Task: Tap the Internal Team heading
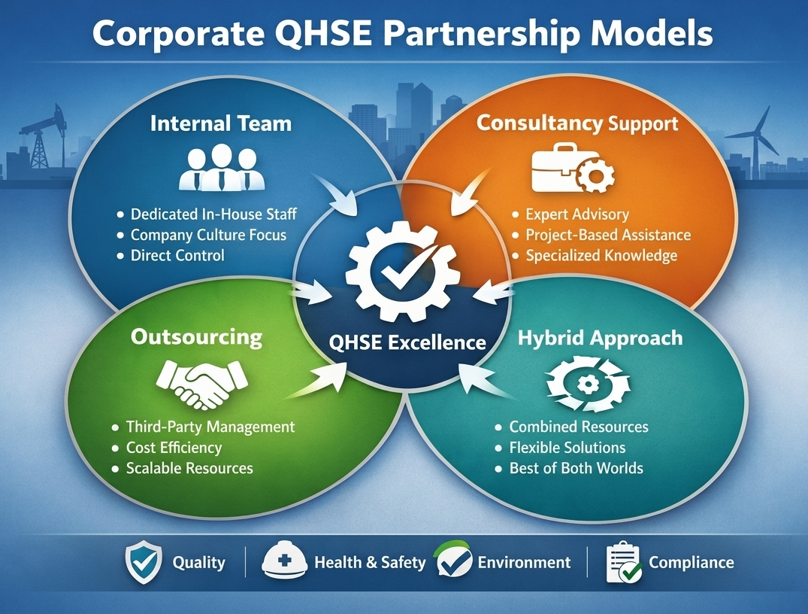(x=221, y=124)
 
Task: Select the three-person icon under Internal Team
(x=222, y=168)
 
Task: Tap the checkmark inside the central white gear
(x=404, y=267)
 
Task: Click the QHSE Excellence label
(x=407, y=342)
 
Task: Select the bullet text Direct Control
(x=178, y=255)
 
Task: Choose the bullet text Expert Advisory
(x=577, y=214)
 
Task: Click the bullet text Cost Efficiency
(x=174, y=448)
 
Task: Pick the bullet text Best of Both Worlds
(x=576, y=468)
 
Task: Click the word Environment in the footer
(x=524, y=562)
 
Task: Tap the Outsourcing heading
(x=196, y=337)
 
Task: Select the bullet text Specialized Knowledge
(x=601, y=255)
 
